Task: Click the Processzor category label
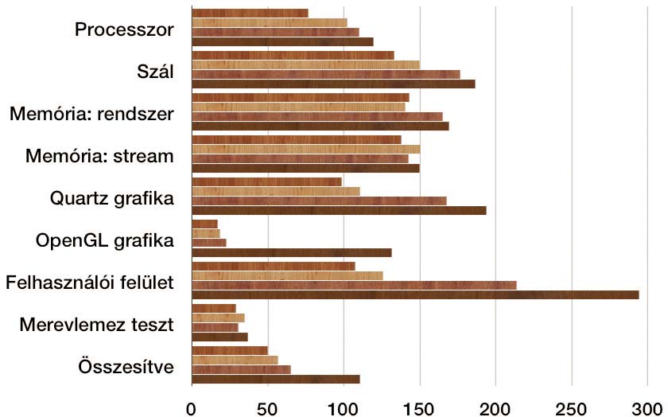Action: point(124,29)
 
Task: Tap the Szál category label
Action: point(155,71)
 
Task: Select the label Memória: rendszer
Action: point(91,114)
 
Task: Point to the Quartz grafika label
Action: point(111,199)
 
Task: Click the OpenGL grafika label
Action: point(105,241)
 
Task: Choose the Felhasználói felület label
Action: point(89,283)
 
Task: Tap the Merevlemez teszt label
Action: point(97,325)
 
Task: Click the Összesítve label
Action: point(126,367)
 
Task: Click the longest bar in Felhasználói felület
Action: point(415,294)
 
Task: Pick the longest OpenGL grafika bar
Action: point(292,252)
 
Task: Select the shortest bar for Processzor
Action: point(250,14)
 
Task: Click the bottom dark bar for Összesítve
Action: point(276,379)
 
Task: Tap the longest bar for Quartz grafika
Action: point(339,210)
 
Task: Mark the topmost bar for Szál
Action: point(293,56)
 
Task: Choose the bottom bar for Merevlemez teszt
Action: point(219,337)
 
